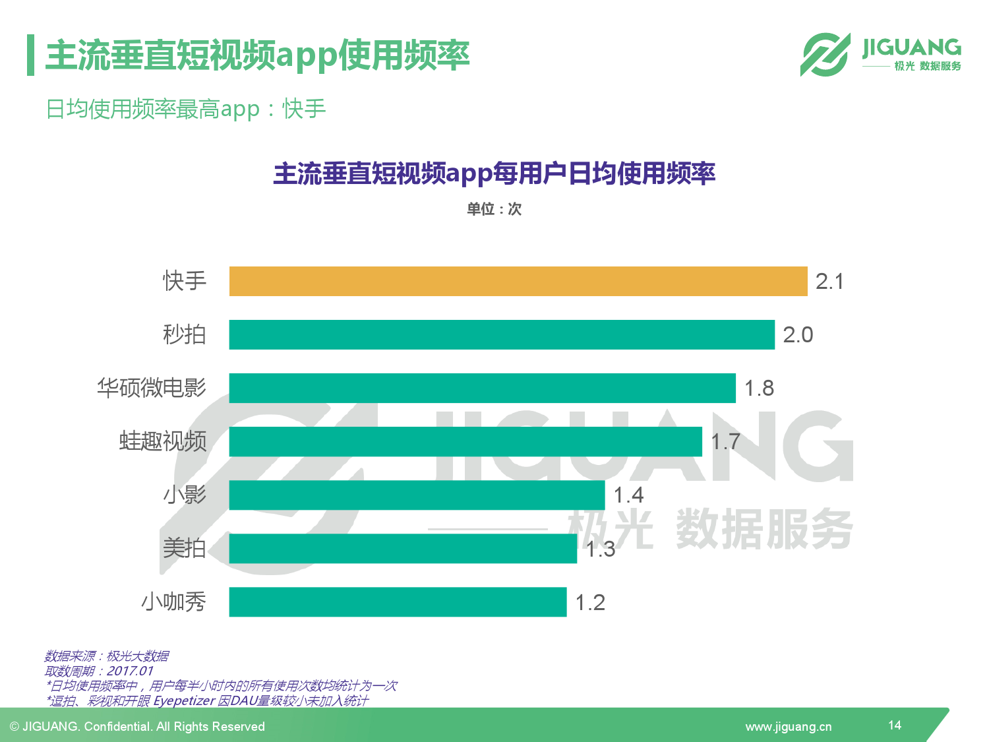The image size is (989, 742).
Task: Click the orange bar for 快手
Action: click(518, 282)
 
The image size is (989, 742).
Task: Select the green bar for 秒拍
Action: click(501, 335)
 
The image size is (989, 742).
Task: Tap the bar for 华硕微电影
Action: click(481, 388)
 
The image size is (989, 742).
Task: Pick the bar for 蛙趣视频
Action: click(465, 442)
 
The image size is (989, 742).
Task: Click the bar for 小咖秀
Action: click(398, 602)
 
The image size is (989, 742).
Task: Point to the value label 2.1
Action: click(829, 282)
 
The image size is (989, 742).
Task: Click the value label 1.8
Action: click(759, 388)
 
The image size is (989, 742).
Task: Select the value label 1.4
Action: click(628, 495)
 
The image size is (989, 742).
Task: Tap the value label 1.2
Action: click(590, 603)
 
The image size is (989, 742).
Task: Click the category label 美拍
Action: click(185, 548)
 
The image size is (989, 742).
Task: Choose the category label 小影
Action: click(185, 495)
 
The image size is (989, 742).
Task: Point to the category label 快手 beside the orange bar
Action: click(185, 281)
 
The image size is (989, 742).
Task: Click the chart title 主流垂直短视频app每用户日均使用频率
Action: click(494, 173)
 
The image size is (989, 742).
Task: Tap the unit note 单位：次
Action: click(494, 209)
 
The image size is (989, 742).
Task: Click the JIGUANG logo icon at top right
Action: click(825, 55)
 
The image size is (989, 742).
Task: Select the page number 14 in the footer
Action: click(894, 725)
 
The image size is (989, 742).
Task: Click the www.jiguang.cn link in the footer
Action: click(788, 727)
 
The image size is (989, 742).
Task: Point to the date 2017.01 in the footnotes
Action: click(130, 671)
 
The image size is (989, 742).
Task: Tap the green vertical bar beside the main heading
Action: click(30, 55)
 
